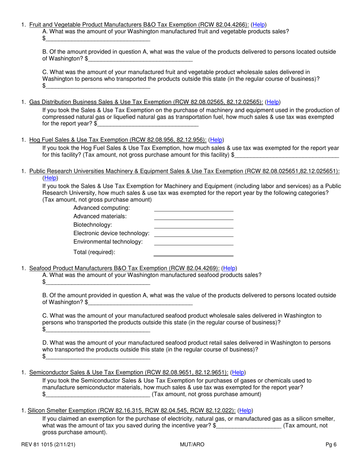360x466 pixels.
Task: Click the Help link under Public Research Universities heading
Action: tap(50, 178)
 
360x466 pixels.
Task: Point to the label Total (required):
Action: tap(94, 252)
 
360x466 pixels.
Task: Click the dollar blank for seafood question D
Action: tap(97, 357)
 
